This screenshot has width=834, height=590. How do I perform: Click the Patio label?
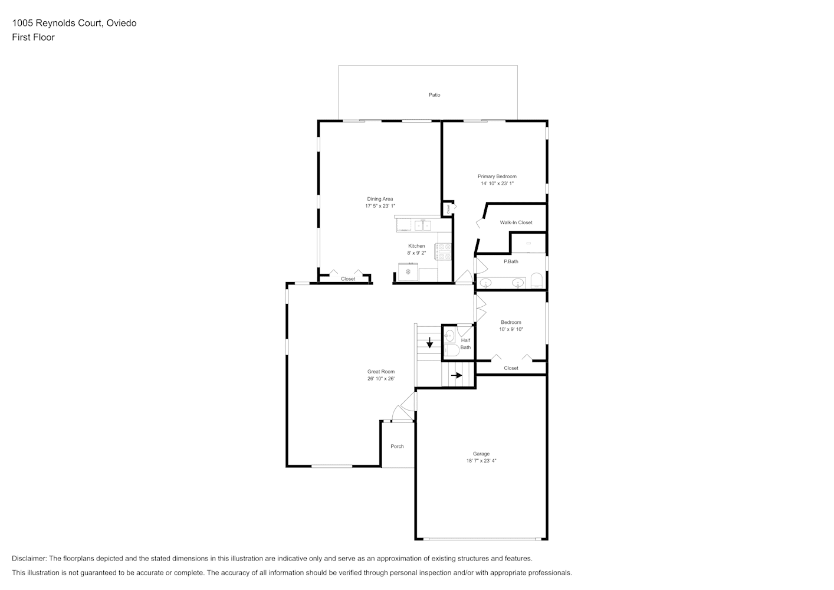(x=434, y=95)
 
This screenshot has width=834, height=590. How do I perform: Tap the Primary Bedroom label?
(x=497, y=176)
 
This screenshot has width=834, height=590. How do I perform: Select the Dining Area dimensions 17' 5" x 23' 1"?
(x=380, y=206)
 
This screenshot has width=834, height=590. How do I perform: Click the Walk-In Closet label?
(x=516, y=222)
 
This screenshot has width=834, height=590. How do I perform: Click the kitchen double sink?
(x=423, y=225)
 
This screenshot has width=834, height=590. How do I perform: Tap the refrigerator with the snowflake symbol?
(x=408, y=272)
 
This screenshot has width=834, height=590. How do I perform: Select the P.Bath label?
(x=511, y=261)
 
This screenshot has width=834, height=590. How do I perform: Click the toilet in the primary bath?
(x=537, y=280)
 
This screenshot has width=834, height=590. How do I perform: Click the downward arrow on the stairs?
(x=429, y=343)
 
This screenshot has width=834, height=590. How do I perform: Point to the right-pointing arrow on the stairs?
(x=457, y=375)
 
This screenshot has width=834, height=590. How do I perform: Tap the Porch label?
(x=397, y=446)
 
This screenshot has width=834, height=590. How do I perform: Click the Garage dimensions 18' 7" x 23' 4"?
(x=481, y=461)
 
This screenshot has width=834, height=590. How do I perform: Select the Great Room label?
(x=381, y=371)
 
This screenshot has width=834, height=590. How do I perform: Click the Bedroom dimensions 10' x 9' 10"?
(x=511, y=329)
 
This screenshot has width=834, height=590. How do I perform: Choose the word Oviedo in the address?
(x=122, y=23)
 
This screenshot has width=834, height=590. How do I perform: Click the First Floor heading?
(x=33, y=37)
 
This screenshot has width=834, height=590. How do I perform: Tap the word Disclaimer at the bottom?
(x=29, y=558)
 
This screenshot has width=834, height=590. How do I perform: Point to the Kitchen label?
(x=416, y=246)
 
